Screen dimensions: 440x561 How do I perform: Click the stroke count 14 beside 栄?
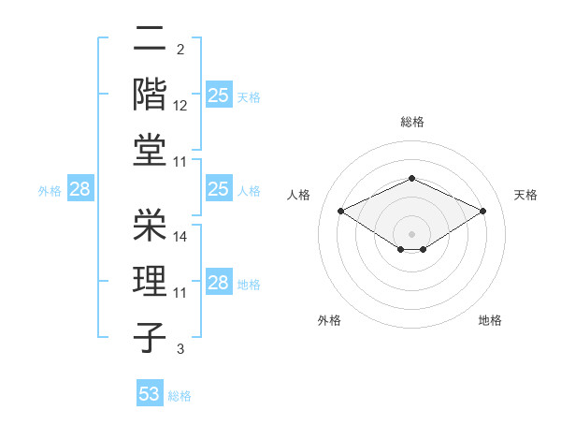[180, 238]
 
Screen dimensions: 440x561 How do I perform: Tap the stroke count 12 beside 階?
[180, 108]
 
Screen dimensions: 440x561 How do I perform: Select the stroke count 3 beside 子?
[180, 349]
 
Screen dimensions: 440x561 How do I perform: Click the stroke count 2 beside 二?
[180, 50]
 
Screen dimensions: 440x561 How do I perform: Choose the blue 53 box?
[150, 394]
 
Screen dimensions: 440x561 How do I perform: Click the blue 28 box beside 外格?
[80, 190]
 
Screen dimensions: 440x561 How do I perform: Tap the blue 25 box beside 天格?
[219, 95]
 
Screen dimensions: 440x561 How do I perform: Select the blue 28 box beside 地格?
[219, 283]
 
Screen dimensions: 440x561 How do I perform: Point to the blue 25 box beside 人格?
[219, 190]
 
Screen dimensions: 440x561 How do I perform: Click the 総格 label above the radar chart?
[411, 122]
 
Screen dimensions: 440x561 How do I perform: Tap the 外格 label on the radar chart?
[329, 320]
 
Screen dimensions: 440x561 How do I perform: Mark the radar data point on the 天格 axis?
[482, 211]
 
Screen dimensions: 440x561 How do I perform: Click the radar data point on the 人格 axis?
[340, 211]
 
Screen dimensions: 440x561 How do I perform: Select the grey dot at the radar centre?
[411, 232]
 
